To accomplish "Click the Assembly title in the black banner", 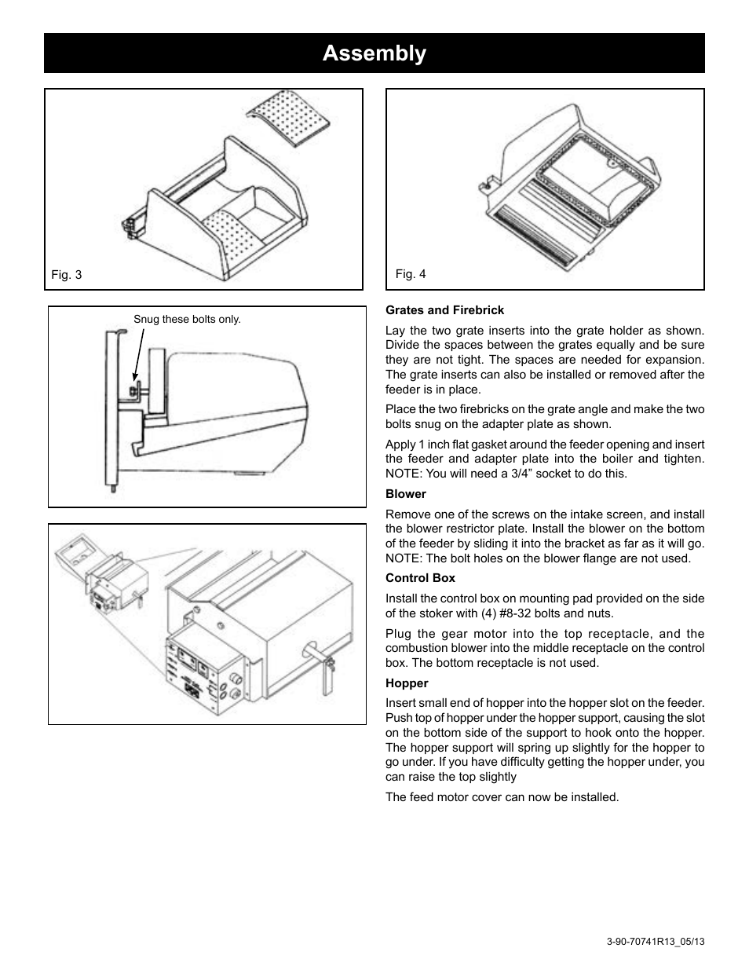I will (374, 53).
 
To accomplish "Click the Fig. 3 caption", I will (67, 275).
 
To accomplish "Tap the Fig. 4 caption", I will (411, 274).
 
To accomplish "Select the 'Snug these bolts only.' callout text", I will (187, 320).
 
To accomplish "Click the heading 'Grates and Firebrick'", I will (444, 310).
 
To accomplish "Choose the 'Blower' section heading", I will (406, 494).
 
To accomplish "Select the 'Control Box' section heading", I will (420, 578).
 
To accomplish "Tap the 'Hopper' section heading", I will (407, 683).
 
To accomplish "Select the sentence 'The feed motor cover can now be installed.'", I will (502, 797).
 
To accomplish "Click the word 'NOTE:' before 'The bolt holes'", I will (404, 558).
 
